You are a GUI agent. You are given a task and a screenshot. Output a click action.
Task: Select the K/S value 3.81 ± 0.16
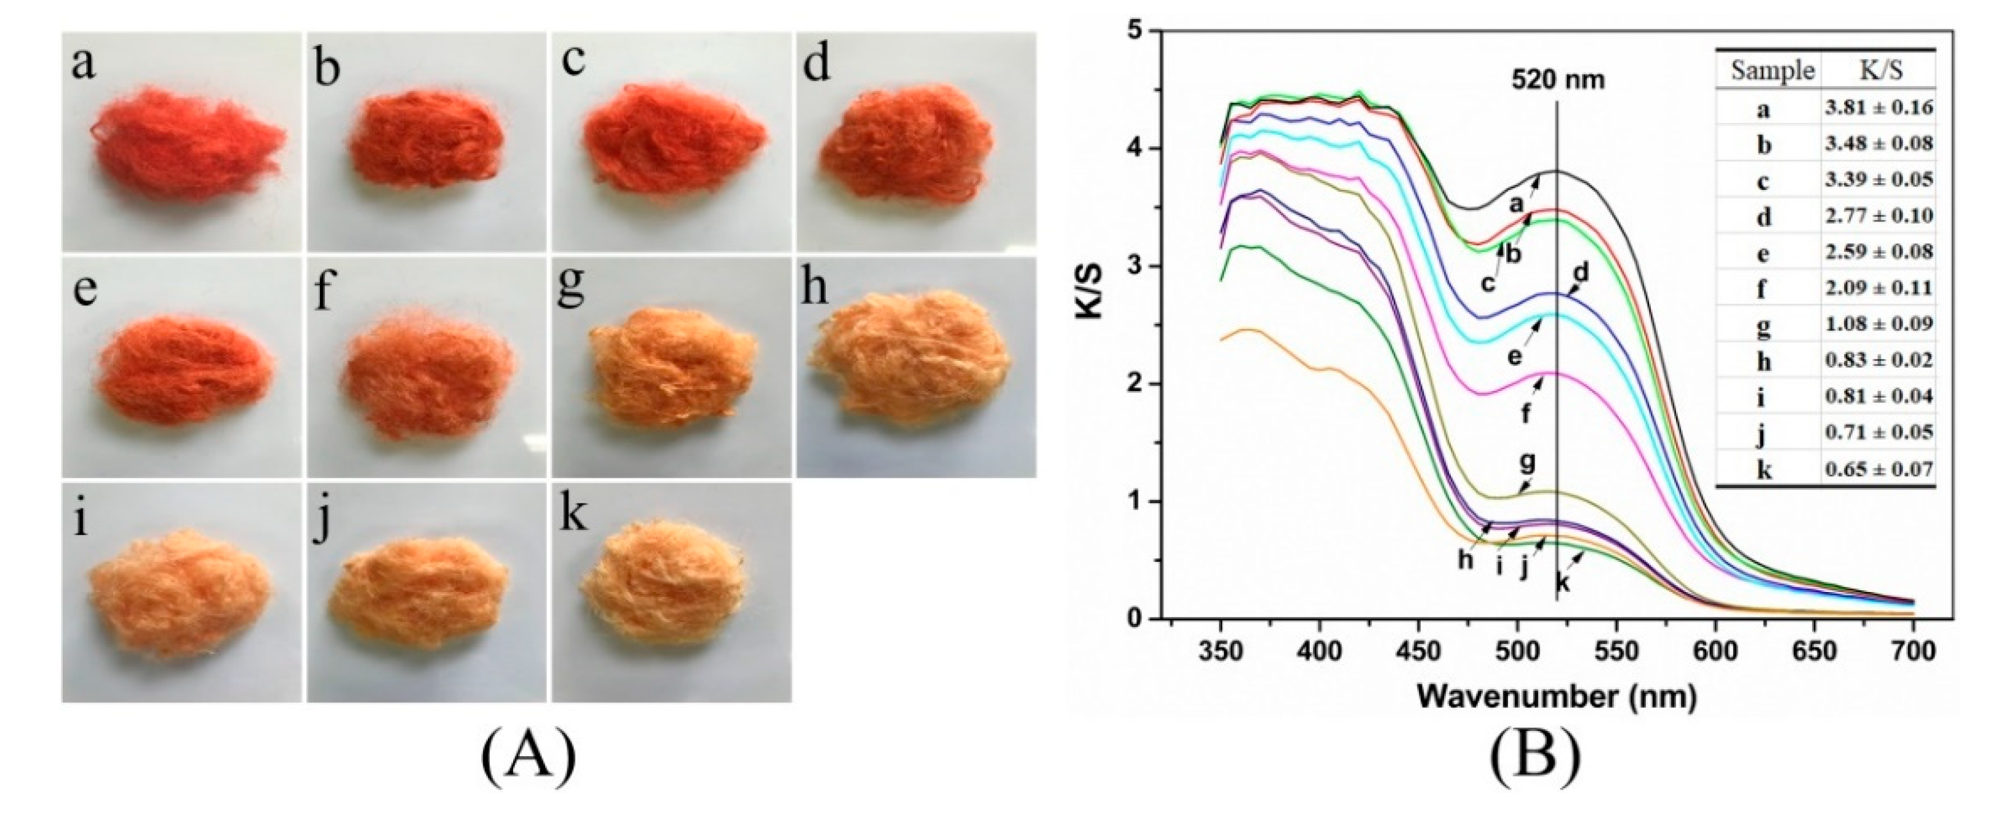(1878, 108)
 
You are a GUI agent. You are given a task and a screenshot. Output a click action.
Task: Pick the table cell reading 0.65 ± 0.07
(1878, 469)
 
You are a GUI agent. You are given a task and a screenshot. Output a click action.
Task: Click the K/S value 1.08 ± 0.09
(1878, 324)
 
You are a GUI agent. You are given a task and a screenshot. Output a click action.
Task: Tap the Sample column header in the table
(1771, 71)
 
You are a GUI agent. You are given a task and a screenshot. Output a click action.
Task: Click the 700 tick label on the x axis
(1912, 650)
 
